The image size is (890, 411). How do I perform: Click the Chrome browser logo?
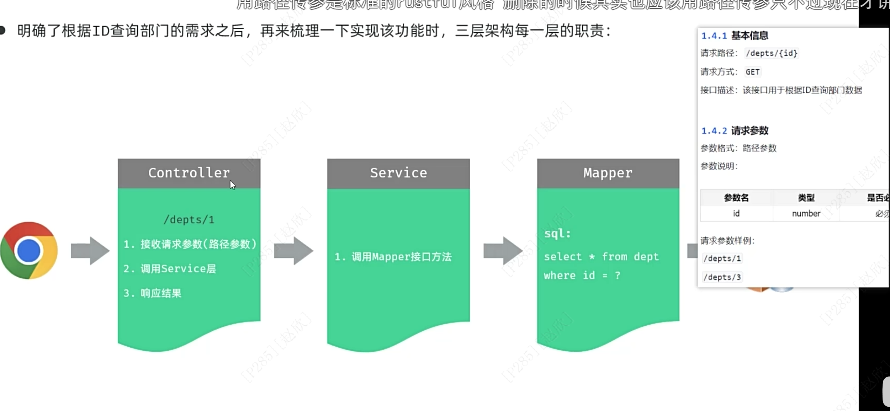click(29, 251)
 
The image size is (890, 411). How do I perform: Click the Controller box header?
click(189, 173)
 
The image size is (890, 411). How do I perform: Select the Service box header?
click(398, 173)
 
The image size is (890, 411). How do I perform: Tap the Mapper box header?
click(608, 173)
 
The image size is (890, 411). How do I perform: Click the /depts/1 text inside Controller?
click(189, 220)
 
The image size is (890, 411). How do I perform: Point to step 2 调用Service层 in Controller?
click(170, 269)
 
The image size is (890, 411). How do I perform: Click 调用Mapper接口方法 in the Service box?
click(393, 257)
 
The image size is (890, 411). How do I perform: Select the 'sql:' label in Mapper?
click(557, 234)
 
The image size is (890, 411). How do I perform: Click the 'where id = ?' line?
click(582, 276)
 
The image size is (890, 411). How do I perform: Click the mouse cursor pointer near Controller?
click(232, 185)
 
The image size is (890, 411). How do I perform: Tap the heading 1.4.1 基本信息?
click(735, 36)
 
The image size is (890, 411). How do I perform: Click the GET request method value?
click(752, 72)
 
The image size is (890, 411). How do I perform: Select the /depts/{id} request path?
click(772, 53)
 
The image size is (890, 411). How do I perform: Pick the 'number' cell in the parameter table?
click(806, 214)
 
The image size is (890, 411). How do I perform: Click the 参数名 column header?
click(736, 198)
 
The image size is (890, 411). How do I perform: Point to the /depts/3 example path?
click(722, 277)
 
